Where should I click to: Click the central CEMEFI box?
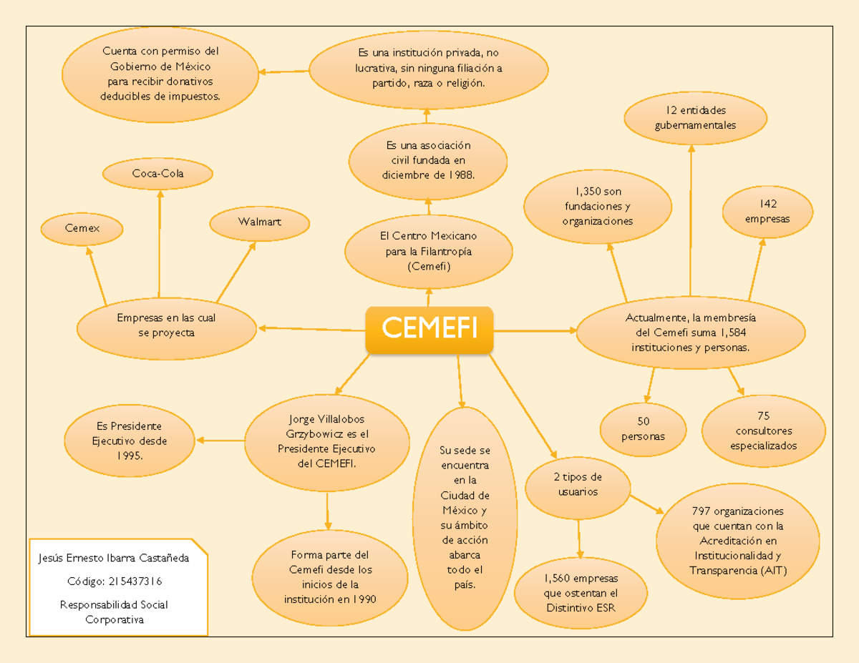coord(429,330)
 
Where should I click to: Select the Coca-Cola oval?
coord(157,173)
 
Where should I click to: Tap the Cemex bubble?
coord(82,228)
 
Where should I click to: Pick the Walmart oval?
coord(259,222)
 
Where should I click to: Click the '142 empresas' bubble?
coord(767,212)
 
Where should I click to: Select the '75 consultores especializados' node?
coord(763,431)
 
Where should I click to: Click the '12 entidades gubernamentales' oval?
coord(694,118)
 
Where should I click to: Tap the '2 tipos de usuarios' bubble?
coord(578,485)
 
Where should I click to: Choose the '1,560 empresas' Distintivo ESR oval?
coord(581,593)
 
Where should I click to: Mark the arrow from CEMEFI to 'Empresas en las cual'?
coord(311,330)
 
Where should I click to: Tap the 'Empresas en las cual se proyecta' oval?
coord(166,325)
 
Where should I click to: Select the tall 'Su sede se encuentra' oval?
coord(465,519)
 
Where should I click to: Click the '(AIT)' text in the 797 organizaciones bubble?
coord(777,570)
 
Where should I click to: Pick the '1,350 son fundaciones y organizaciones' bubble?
coord(598,207)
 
